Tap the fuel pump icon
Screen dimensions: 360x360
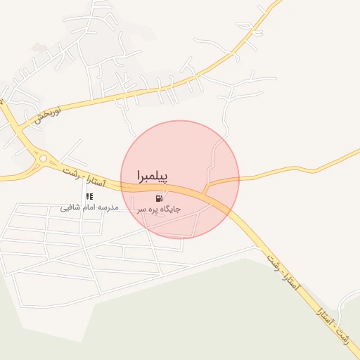pyautogui.click(x=167, y=198)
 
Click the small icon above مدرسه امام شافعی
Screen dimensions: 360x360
pyautogui.click(x=89, y=197)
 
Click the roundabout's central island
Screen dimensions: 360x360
pyautogui.click(x=43, y=158)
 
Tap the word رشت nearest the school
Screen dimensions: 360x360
pyautogui.click(x=69, y=171)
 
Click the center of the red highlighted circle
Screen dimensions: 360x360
pyautogui.click(x=181, y=179)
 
